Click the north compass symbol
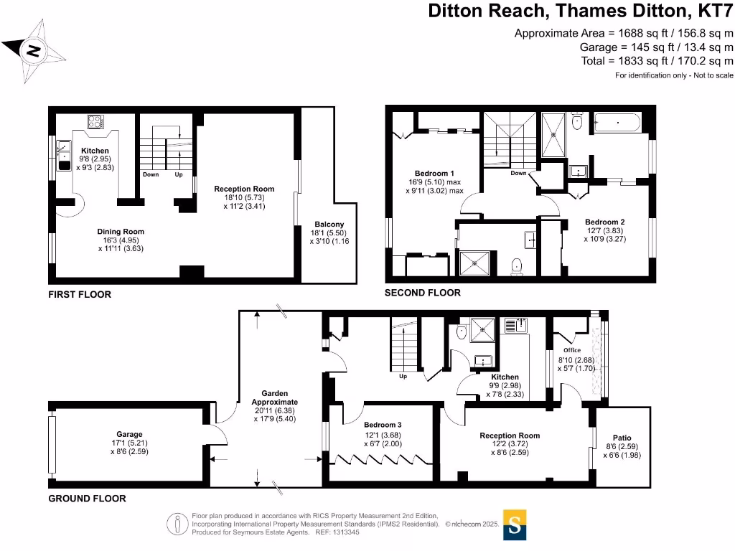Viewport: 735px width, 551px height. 34,51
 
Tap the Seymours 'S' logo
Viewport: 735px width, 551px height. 515,524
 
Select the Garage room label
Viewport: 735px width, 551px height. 129,434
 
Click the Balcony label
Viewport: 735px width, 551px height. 329,225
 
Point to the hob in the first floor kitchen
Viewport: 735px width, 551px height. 95,122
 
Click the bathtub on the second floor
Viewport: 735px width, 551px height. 617,123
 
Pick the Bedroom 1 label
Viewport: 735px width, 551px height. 434,174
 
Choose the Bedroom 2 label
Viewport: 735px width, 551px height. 604,222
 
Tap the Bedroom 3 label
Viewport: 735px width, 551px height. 383,425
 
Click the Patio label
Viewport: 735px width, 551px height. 622,438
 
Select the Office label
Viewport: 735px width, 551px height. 572,350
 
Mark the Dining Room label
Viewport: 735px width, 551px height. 121,232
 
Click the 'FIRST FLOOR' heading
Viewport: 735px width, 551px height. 80,295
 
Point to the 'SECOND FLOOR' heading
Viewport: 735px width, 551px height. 422,293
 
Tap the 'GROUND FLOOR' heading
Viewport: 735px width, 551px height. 87,499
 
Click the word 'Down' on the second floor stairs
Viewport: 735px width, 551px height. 518,174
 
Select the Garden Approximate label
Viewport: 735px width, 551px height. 275,397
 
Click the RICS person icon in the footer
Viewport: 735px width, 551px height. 177,524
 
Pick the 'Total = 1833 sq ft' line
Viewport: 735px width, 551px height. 657,61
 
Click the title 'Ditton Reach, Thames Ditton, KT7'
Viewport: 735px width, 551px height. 581,11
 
